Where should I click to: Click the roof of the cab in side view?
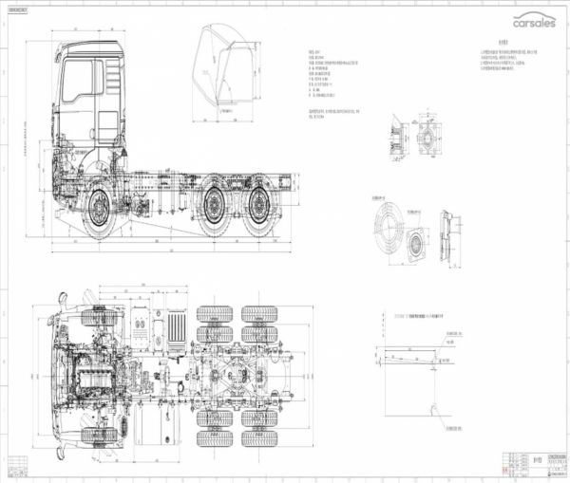pyautogui.click(x=93, y=45)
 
